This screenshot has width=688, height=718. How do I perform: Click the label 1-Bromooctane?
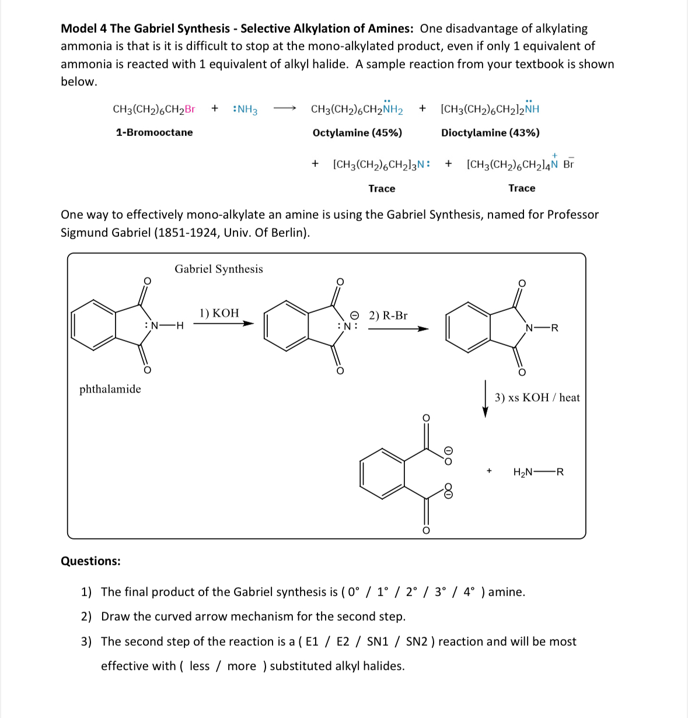coord(154,132)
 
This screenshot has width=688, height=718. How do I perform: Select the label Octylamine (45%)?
coord(357,132)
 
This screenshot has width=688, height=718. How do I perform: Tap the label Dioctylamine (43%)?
coord(490,132)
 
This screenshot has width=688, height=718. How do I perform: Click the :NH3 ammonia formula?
coord(245,109)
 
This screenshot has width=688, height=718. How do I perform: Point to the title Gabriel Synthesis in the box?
coord(219,269)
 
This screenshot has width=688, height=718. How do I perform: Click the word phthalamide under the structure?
coord(110,389)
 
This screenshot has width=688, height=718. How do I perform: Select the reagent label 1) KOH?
coord(219,313)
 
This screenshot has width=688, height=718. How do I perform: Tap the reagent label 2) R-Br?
coord(388,316)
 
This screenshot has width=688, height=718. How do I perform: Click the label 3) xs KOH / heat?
coord(537,398)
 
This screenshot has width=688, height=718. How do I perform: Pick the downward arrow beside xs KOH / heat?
coord(485,399)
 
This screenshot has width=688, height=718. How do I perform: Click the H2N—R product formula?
coord(538,472)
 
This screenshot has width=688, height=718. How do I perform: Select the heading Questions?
coord(90,561)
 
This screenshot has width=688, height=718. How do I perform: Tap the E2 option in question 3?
coord(343,642)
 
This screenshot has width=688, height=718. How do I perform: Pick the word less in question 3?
coord(199,666)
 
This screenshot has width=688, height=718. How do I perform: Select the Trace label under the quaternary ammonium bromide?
coord(522,188)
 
